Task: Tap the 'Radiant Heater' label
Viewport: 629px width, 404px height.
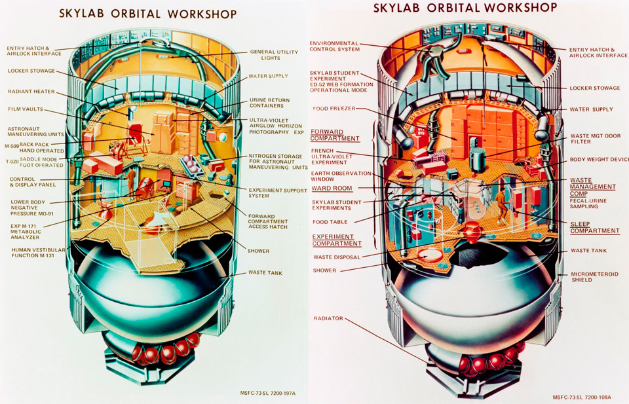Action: point(31,92)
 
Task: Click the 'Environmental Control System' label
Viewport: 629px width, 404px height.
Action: point(335,46)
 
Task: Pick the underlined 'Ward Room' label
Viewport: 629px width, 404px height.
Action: point(332,189)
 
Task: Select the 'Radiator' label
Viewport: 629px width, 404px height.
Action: point(328,318)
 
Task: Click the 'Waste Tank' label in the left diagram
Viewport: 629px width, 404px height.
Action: point(265,272)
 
